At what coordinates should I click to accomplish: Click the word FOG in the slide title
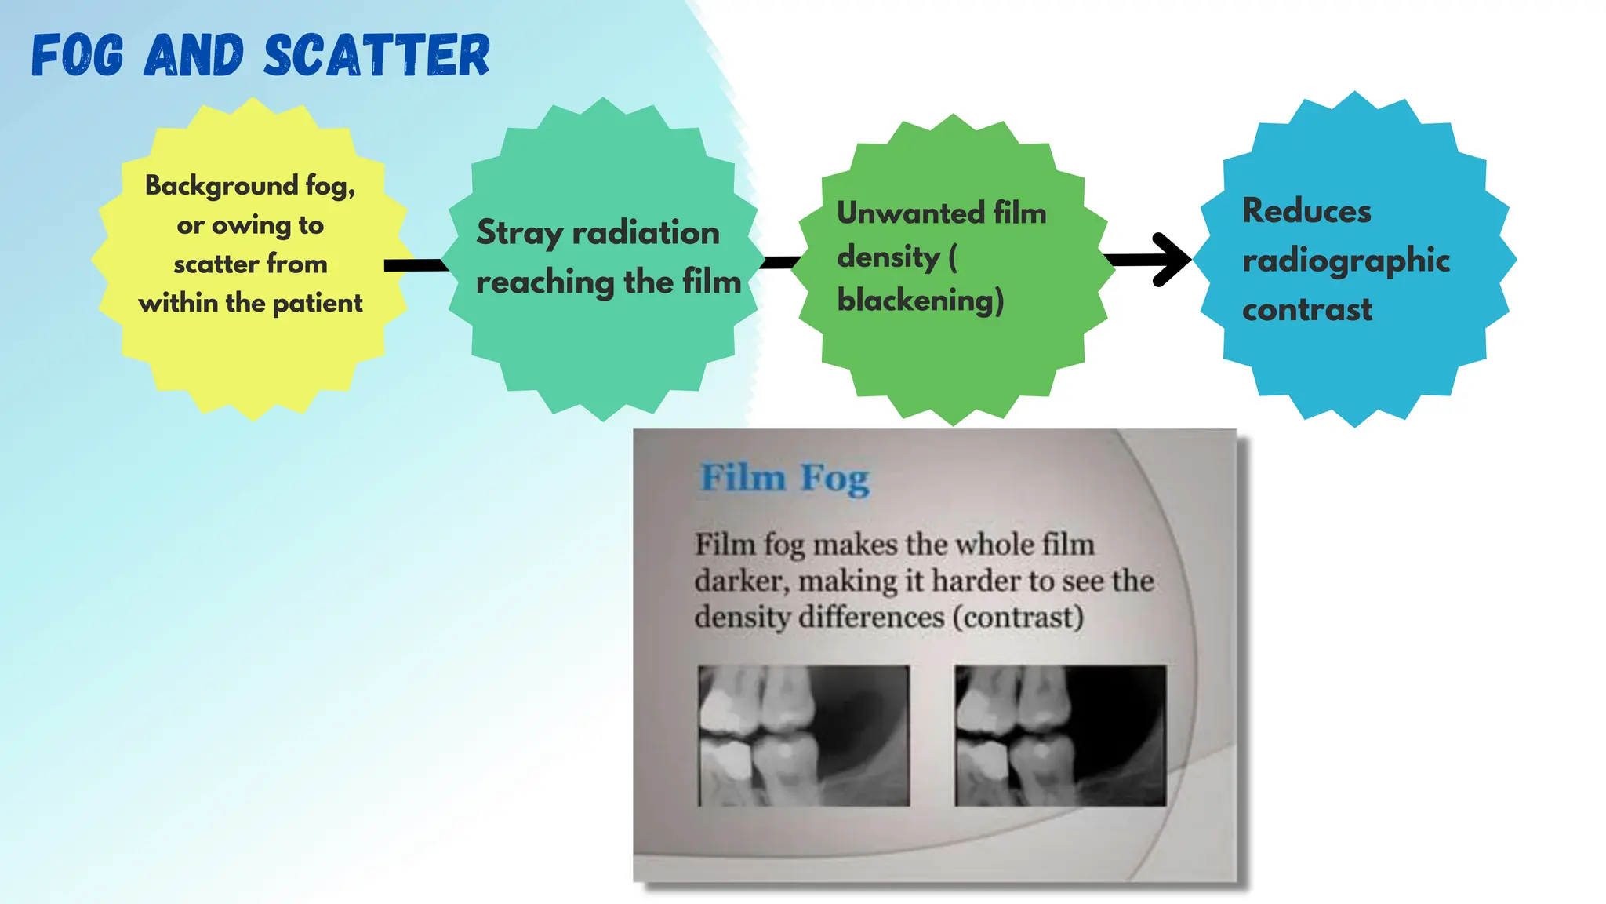click(78, 56)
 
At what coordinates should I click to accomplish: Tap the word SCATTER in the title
click(376, 56)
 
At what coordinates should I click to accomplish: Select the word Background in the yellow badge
click(221, 186)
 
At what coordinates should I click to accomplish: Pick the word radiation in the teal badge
click(645, 233)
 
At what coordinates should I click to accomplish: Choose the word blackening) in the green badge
click(920, 301)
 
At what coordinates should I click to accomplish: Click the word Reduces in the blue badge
click(1306, 211)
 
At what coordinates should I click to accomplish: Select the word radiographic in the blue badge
click(1346, 261)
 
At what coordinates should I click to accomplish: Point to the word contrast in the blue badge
click(1306, 310)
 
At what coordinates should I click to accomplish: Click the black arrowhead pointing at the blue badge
click(1172, 260)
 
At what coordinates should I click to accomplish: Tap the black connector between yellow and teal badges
click(414, 265)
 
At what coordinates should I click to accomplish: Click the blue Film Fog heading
click(784, 478)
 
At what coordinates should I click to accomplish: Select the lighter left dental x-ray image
click(804, 735)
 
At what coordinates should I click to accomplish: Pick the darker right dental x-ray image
click(1059, 735)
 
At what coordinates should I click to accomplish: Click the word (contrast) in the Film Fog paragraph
click(1018, 618)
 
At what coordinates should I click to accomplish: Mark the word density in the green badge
click(888, 257)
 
